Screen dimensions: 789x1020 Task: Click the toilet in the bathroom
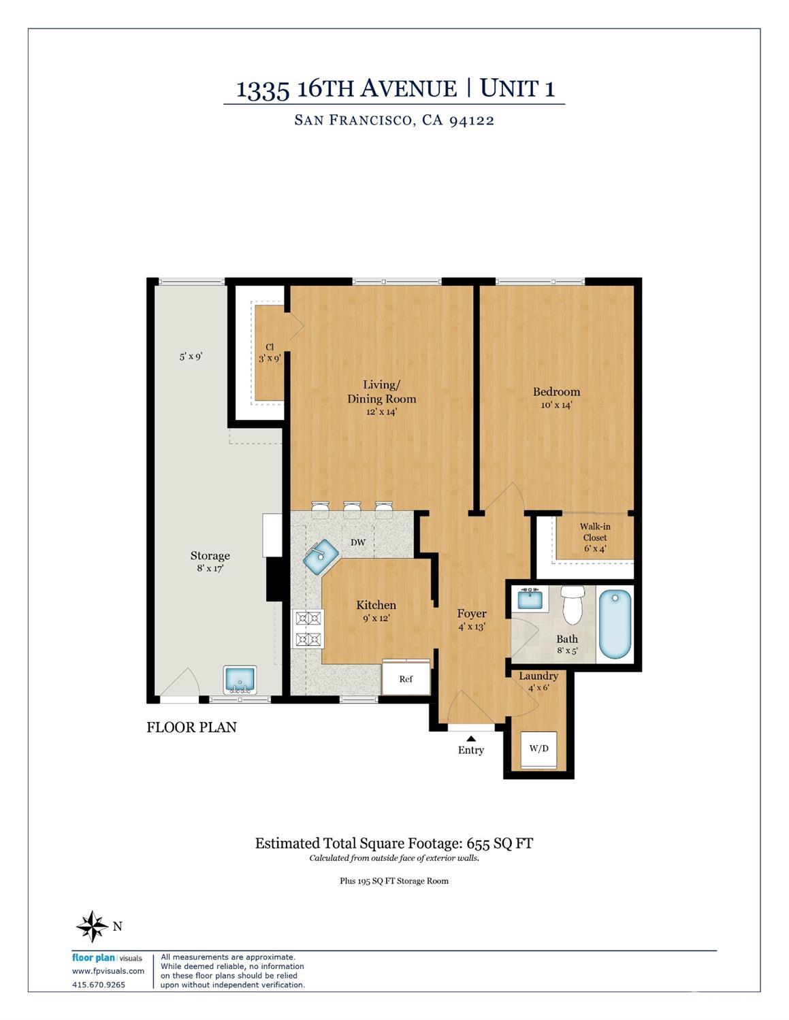coord(572,605)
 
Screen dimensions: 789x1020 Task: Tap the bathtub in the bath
coord(615,624)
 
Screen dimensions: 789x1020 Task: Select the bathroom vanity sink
coord(530,599)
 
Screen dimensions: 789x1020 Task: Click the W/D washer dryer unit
coord(538,750)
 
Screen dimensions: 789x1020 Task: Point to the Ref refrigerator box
coord(406,678)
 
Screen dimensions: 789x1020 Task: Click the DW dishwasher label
coord(358,542)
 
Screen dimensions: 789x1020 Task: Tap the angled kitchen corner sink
coord(321,557)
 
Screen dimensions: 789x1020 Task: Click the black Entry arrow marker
coord(471,738)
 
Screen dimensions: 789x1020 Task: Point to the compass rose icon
coord(93,926)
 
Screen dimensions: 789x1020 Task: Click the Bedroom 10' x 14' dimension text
coord(557,405)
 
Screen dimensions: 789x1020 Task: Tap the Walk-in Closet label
coord(595,532)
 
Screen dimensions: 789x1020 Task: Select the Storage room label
coord(210,556)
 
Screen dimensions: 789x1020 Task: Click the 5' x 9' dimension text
coord(191,357)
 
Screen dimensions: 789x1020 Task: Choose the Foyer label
coord(472,614)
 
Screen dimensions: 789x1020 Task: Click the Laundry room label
coord(538,676)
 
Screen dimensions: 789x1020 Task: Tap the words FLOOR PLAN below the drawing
coord(191,727)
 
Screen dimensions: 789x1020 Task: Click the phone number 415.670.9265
coord(99,985)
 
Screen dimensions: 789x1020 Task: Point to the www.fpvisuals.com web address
coord(108,971)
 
